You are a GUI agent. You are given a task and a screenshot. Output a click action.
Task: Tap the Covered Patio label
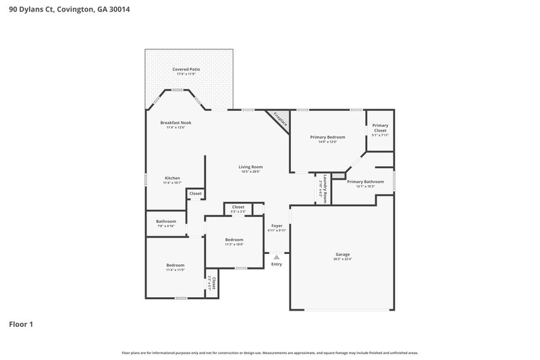(x=186, y=69)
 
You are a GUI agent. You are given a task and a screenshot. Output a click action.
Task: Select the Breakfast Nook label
(x=175, y=123)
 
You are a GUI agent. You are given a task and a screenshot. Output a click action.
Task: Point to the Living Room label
(x=250, y=167)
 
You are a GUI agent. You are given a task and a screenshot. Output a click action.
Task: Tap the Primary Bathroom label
(x=365, y=181)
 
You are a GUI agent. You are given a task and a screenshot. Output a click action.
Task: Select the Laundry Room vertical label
(x=325, y=188)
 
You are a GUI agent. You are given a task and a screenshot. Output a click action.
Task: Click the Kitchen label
(x=172, y=178)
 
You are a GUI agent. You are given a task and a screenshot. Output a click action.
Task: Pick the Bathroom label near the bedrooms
(x=166, y=222)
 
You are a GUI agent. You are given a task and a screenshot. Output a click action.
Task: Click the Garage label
(x=342, y=255)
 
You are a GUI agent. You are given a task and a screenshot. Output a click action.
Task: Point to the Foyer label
(x=277, y=226)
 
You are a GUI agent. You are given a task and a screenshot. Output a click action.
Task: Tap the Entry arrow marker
(x=275, y=257)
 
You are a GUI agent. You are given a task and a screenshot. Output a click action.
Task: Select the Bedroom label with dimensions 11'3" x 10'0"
(x=234, y=240)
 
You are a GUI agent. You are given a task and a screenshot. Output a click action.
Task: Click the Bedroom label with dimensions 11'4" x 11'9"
(x=175, y=265)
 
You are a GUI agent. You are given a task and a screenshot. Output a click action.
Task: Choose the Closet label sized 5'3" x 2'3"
(x=238, y=207)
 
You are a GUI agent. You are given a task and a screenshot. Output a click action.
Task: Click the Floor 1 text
(x=21, y=324)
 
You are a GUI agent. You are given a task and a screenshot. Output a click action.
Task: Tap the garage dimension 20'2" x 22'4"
(x=342, y=259)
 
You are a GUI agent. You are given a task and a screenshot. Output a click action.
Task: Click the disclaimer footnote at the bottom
(x=269, y=353)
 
